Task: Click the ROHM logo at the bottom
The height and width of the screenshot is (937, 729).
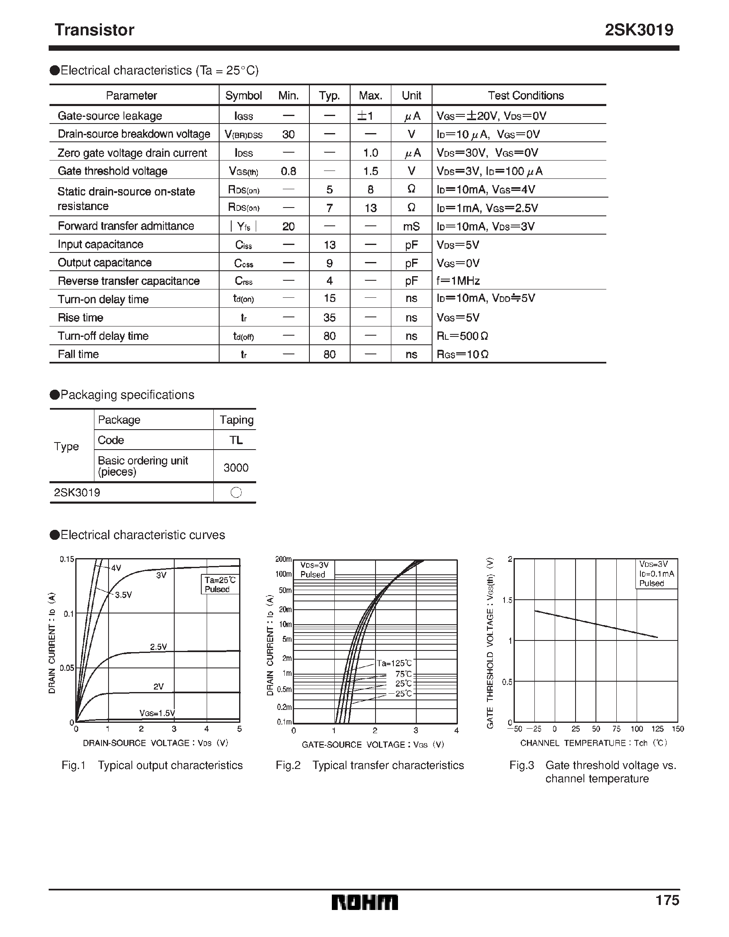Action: point(364,902)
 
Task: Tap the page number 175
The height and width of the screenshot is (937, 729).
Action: point(667,900)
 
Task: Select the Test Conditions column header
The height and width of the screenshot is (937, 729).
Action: point(525,95)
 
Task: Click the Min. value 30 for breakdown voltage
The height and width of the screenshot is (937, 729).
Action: point(288,135)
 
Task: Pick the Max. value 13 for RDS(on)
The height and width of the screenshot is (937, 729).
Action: point(370,208)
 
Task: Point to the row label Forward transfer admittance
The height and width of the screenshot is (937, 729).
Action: point(126,226)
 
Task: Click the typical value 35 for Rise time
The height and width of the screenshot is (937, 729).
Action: point(329,318)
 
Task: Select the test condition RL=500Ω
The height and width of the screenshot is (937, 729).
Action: point(462,336)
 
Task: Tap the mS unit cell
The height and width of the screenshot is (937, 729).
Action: point(411,227)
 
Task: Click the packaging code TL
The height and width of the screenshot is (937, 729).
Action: point(235,440)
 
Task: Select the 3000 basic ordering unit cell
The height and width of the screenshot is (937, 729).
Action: point(235,467)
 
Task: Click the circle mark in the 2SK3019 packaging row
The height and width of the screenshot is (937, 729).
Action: point(236,492)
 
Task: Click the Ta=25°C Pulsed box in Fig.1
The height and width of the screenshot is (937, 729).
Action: point(220,584)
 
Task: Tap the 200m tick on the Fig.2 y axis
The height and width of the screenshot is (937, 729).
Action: point(283,559)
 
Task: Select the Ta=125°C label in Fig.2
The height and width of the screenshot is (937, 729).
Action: point(394,663)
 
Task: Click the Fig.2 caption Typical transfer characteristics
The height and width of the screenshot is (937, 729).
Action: point(388,765)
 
